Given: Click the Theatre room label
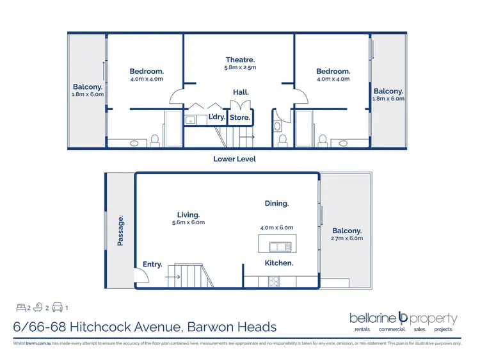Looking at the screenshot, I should click(241, 60).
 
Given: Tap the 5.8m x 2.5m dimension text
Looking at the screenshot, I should click(241, 67).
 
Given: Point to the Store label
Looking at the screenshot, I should click(239, 117).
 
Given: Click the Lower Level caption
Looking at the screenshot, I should click(234, 159).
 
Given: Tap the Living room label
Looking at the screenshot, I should click(189, 215).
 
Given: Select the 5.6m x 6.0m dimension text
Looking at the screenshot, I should click(189, 222).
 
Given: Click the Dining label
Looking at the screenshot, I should click(276, 203).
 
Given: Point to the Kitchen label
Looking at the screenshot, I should click(279, 263).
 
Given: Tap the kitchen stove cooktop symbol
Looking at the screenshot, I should click(273, 281).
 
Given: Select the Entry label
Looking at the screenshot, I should click(152, 264).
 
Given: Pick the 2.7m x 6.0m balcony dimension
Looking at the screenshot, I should click(348, 238).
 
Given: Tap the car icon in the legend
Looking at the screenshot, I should click(56, 306).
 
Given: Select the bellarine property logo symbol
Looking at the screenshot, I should click(403, 317).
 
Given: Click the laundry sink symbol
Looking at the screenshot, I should click(190, 120).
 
